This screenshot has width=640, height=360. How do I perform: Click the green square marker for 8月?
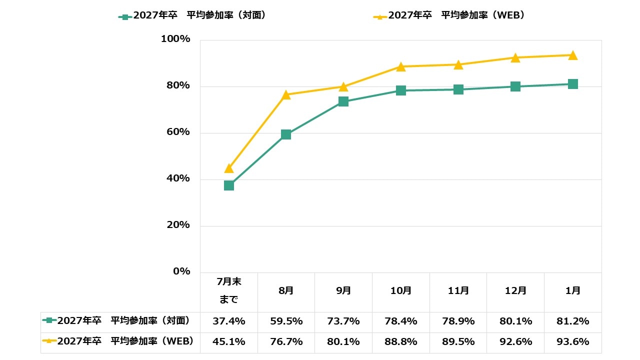[286, 134]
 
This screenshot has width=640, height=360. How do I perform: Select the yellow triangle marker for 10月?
[401, 66]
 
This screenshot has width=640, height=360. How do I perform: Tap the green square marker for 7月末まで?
[229, 185]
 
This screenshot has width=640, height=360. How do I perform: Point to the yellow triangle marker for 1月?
[573, 55]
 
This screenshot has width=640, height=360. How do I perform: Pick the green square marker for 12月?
[515, 86]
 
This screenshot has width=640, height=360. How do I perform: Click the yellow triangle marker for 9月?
[343, 87]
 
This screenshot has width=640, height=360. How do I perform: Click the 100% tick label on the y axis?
[175, 39]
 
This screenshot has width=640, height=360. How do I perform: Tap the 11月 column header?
[458, 290]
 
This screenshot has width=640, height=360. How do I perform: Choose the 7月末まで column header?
[229, 290]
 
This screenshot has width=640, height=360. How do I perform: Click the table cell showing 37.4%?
[229, 321]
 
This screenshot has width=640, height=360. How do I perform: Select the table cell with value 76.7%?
[286, 342]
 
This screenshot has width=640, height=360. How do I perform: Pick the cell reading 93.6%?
[573, 342]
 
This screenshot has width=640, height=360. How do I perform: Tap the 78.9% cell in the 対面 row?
[458, 321]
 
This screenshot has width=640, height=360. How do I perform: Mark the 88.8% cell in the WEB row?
[401, 342]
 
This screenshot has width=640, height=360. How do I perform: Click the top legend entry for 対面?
[192, 15]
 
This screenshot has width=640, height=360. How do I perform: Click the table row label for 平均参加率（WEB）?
[120, 341]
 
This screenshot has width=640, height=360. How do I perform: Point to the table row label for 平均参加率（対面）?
[120, 321]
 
